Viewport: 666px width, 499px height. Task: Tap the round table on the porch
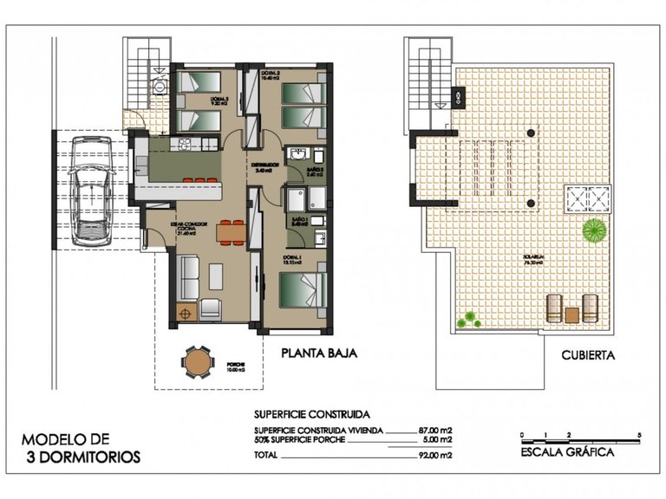(x=199, y=361)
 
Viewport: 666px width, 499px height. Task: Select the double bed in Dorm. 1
(x=304, y=288)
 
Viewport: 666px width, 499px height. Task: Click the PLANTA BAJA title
(x=318, y=353)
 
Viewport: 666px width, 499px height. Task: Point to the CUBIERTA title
(x=589, y=354)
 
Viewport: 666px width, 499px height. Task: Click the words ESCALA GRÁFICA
(x=568, y=452)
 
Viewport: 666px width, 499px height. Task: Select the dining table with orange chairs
(x=231, y=232)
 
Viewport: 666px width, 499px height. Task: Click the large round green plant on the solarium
(x=594, y=231)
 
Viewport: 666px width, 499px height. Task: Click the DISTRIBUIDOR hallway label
(x=264, y=164)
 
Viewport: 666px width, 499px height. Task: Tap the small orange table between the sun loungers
(x=571, y=314)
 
